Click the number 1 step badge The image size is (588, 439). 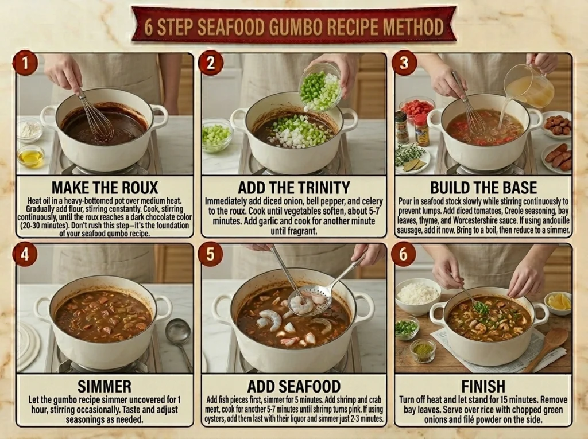(x=25, y=63)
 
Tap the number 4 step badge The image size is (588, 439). (x=25, y=254)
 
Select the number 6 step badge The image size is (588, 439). (x=403, y=254)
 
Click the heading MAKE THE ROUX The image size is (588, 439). (x=105, y=188)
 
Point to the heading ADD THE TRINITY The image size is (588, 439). (x=294, y=188)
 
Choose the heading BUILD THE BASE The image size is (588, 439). (x=483, y=188)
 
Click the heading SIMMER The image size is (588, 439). (x=105, y=386)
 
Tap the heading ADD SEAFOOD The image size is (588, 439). (x=294, y=386)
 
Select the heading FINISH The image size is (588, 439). (x=483, y=386)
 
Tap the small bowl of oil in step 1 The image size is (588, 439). (x=31, y=156)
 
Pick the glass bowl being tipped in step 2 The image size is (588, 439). (x=321, y=87)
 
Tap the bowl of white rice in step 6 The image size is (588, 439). (x=418, y=296)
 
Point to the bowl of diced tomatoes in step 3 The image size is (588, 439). (x=417, y=107)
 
